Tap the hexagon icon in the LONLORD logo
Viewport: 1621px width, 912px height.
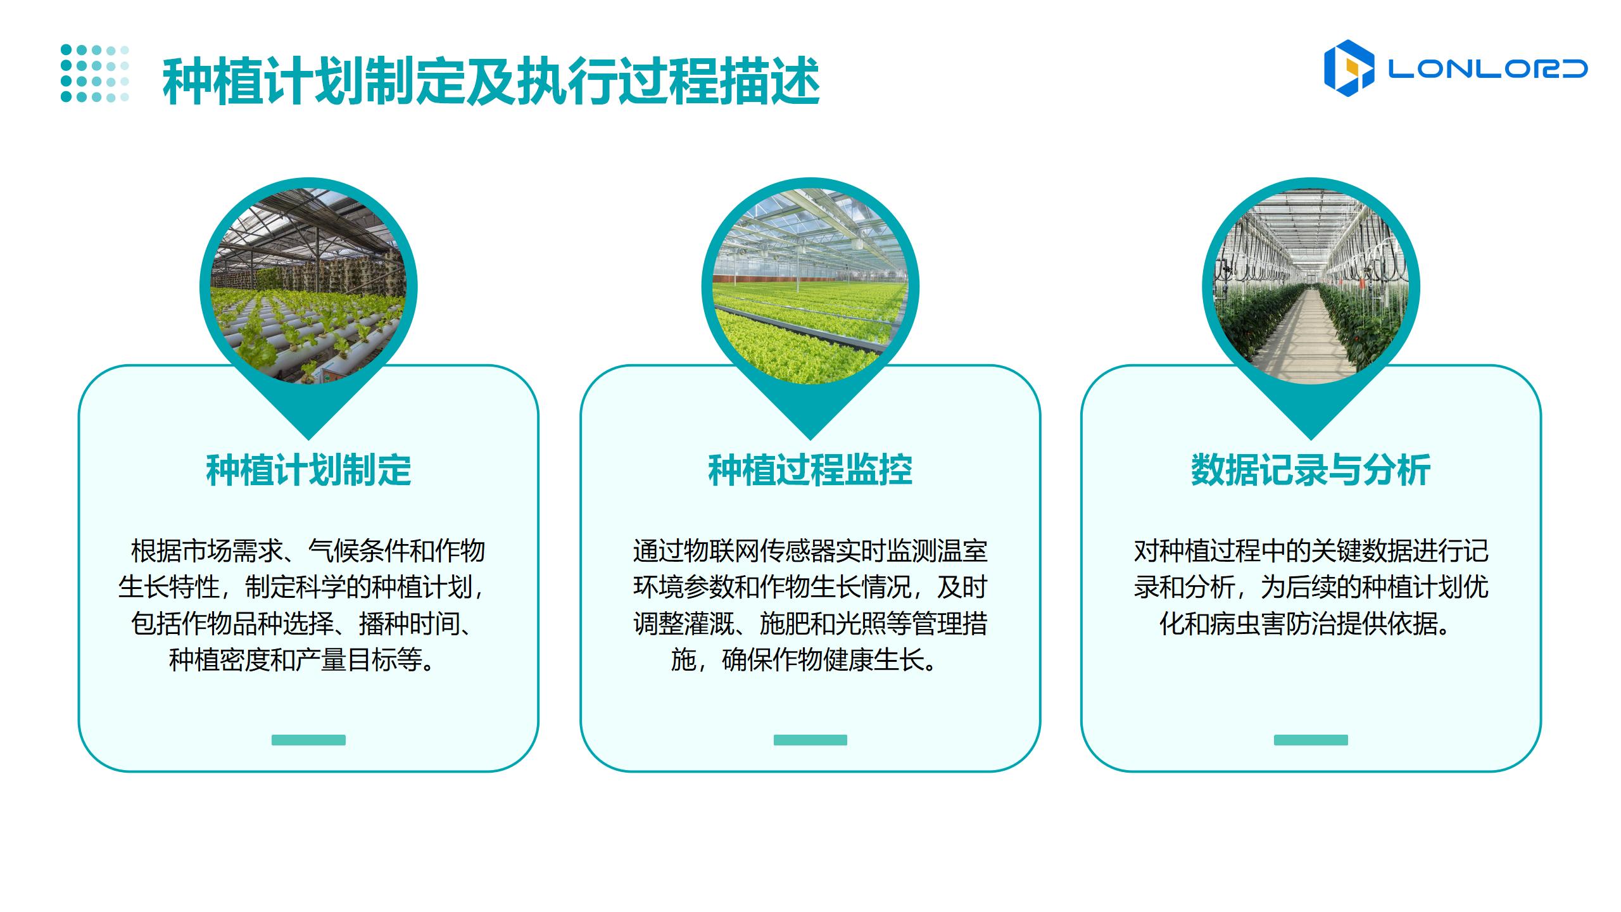1349,68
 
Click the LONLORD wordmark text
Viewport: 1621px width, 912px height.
1487,69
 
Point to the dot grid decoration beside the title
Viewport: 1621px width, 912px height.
95,73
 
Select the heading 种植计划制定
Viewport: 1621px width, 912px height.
308,471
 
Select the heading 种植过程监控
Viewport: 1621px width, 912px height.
810,471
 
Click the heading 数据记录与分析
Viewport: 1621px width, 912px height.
1311,471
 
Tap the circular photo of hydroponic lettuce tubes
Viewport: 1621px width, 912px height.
308,286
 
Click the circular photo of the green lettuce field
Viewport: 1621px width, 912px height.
810,286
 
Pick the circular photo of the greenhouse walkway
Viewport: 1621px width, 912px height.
1311,286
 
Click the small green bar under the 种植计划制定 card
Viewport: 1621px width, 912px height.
308,740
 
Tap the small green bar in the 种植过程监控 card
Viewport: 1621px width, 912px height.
810,740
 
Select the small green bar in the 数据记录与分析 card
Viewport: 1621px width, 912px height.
1311,740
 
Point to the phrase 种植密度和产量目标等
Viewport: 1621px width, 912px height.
295,661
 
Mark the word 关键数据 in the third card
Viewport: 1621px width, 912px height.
1361,551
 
